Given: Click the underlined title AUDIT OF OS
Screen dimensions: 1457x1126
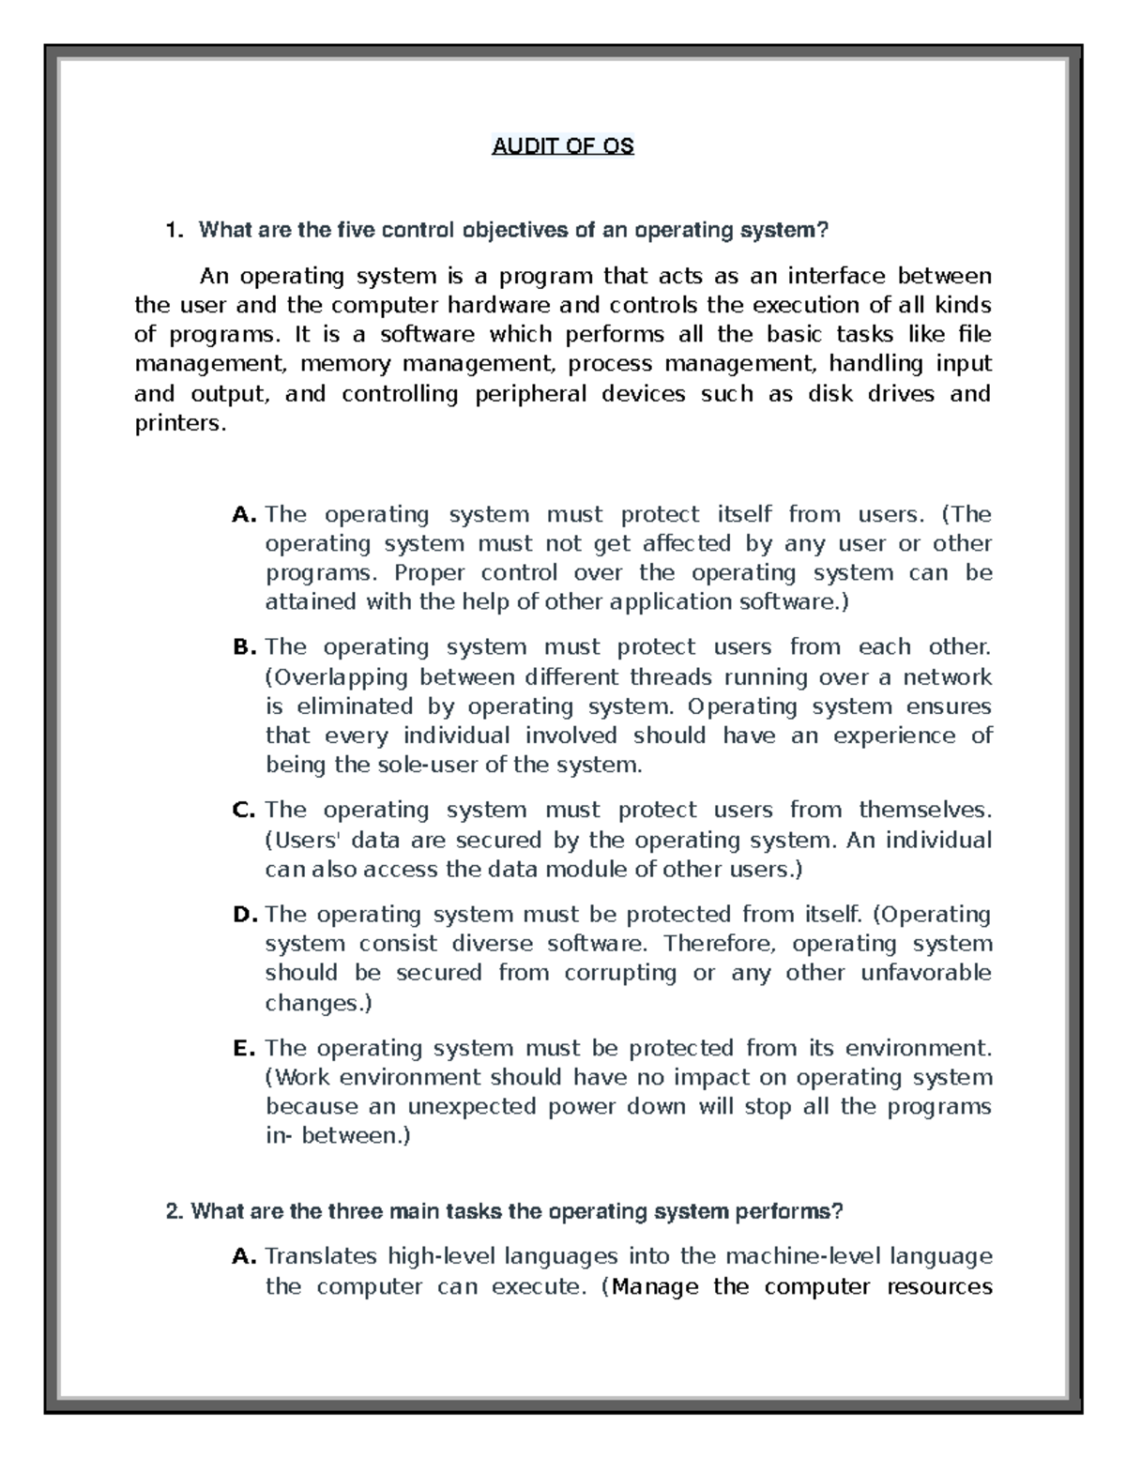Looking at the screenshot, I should (563, 146).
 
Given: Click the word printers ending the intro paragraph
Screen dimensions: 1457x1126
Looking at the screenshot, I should (179, 423).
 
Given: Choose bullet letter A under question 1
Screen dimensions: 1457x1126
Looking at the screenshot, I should (243, 514).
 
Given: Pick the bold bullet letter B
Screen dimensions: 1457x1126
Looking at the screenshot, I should (243, 647).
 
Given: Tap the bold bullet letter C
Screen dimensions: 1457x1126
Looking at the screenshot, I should (243, 810).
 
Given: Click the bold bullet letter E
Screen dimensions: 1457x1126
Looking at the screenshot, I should (243, 1047).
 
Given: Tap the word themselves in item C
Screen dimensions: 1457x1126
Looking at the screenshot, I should (924, 810).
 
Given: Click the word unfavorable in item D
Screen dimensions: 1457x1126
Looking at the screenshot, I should (926, 973).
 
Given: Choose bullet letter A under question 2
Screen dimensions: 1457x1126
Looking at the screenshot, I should (243, 1256).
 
